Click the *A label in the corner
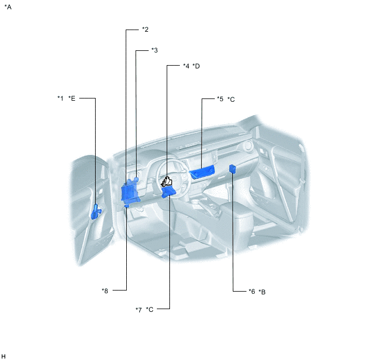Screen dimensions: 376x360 tap(8, 7)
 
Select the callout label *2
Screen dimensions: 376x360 tap(145, 30)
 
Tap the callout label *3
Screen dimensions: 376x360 tap(155, 50)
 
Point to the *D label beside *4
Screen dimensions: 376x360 tap(196, 66)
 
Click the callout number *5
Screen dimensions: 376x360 tap(220, 99)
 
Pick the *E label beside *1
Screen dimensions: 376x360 tap(72, 98)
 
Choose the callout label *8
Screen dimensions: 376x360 tap(105, 291)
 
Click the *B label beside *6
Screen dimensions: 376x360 tap(262, 292)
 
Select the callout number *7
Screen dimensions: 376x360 tap(139, 310)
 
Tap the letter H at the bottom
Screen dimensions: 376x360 tap(3, 356)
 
